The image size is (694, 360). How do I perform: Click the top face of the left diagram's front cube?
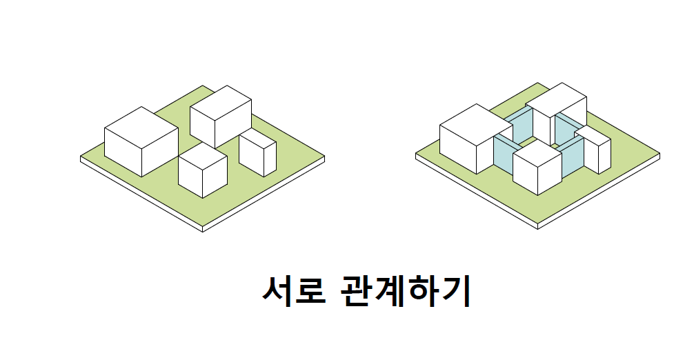point(203,154)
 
